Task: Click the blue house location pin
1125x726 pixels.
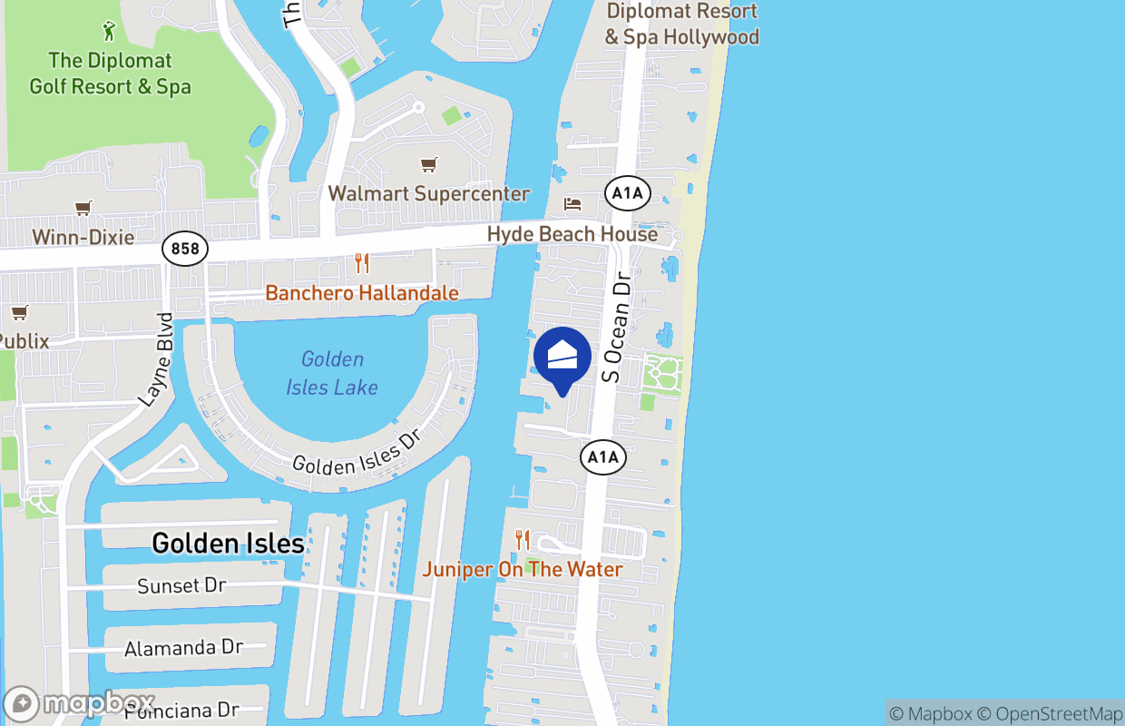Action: [562, 357]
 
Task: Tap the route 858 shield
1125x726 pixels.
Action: [185, 248]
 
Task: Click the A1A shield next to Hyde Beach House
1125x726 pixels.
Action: [628, 192]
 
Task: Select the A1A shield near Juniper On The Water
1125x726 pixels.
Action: [603, 457]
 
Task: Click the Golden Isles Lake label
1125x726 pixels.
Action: [332, 373]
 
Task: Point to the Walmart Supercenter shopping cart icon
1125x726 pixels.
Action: [428, 164]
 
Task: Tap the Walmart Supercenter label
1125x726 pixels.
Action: [428, 193]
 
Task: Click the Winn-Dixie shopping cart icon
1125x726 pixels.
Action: [83, 208]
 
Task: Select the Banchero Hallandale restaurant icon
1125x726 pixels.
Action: [362, 263]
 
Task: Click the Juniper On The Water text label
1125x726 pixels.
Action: [523, 570]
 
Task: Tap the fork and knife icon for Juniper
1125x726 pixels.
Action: [522, 540]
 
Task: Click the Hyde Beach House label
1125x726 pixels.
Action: [572, 234]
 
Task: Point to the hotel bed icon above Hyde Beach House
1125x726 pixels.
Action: [572, 202]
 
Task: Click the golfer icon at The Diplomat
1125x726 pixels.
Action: [110, 31]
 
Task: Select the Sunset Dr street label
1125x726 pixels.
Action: [181, 586]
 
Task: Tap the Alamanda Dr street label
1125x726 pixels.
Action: [184, 648]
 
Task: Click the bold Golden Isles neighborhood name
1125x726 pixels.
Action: [228, 543]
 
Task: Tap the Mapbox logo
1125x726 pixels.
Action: [80, 704]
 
